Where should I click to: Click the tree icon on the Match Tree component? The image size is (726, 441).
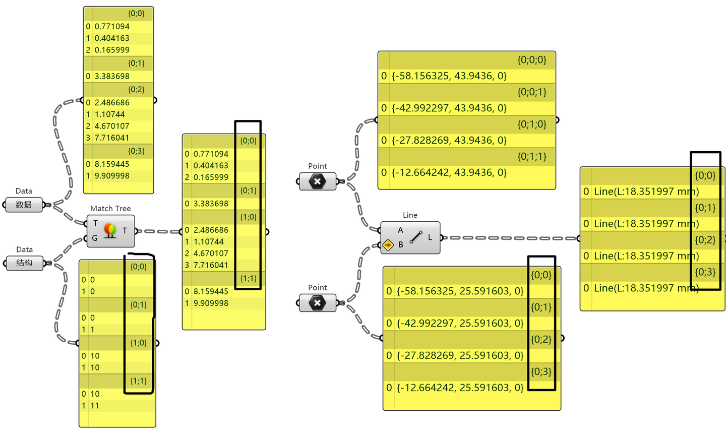(x=110, y=230)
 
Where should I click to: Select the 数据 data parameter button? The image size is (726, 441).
(x=24, y=205)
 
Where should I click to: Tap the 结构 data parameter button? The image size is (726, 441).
(x=24, y=263)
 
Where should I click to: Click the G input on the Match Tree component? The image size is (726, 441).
(x=95, y=238)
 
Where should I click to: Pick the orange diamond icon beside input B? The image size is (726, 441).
(x=388, y=245)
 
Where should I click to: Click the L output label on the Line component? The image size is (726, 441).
(x=430, y=237)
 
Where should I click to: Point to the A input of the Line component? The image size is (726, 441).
(x=401, y=230)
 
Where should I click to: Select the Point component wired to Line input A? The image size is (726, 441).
(x=318, y=181)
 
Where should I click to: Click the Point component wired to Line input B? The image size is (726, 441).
(x=318, y=303)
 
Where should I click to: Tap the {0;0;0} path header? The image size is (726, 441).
(x=532, y=59)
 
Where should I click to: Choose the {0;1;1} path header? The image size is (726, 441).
(x=532, y=157)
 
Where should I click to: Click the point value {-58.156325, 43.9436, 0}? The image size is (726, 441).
(x=449, y=76)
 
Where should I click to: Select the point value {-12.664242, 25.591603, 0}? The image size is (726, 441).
(x=460, y=388)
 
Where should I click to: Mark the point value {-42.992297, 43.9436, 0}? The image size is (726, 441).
(x=449, y=108)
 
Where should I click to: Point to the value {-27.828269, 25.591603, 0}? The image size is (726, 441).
(x=460, y=355)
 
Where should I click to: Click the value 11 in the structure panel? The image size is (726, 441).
(x=95, y=406)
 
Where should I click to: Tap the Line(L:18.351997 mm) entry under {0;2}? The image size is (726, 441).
(x=646, y=256)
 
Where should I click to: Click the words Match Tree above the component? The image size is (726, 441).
(x=110, y=208)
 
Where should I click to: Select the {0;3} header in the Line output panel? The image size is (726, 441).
(x=705, y=272)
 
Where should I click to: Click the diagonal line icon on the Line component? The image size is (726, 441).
(x=416, y=237)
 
